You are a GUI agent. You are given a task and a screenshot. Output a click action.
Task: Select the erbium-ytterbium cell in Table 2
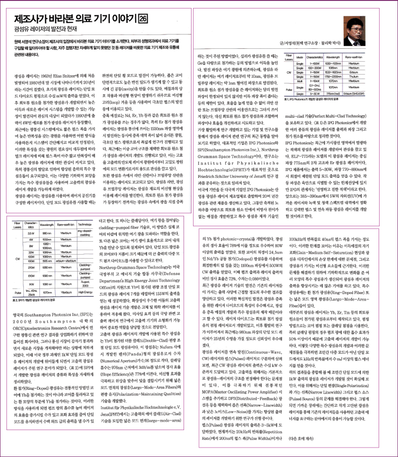click(x=66, y=260)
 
